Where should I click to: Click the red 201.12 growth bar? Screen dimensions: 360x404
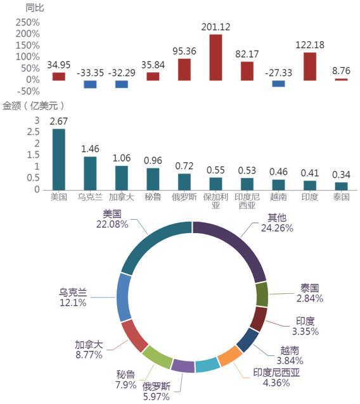215,57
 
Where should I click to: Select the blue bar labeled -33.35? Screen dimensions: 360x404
90,84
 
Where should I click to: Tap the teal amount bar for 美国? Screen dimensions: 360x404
59,160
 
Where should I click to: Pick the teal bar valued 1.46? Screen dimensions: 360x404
90,174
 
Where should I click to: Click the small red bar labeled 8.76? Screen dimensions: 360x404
341,79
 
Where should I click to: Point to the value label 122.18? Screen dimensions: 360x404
310,45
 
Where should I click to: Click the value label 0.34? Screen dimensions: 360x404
341,175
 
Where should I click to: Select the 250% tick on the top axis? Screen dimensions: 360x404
28,22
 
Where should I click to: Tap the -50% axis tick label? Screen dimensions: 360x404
28,91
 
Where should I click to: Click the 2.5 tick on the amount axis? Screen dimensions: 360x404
33,132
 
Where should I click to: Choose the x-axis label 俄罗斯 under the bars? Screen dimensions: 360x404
184,197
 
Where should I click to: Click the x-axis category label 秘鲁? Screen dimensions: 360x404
153,197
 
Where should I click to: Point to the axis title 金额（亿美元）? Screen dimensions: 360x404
34,106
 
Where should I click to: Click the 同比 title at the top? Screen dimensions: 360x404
35,8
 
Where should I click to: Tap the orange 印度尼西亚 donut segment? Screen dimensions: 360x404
230,356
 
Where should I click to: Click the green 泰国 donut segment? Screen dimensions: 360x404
262,294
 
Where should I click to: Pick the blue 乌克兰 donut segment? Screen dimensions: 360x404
124,297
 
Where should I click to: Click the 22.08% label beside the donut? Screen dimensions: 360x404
112,224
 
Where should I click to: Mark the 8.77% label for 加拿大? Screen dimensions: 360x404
89,355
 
